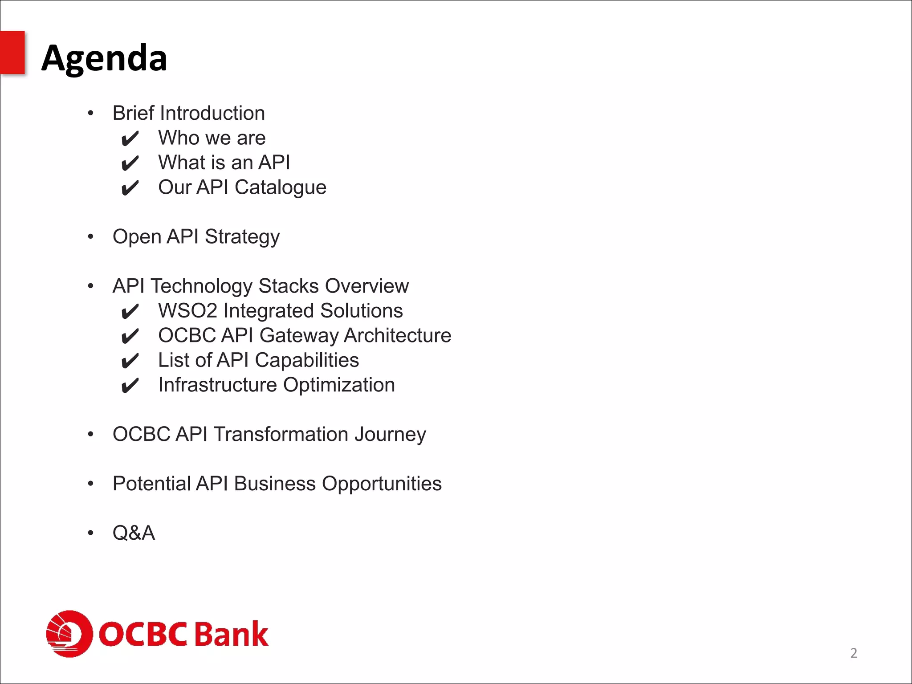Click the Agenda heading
tap(104, 58)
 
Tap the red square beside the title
tap(12, 52)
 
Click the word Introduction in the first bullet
tap(212, 113)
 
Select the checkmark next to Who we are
tap(130, 139)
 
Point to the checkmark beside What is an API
tap(130, 163)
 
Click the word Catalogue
tap(280, 187)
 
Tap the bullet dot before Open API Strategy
tap(90, 236)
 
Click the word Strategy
tap(242, 237)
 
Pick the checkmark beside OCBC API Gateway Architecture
tap(130, 336)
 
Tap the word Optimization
tap(338, 385)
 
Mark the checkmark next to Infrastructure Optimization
tap(130, 386)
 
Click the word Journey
tap(390, 435)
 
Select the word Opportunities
tap(381, 484)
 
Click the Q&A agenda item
tap(134, 533)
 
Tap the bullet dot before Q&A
tap(90, 533)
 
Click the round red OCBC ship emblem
tap(69, 633)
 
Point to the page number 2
tap(853, 653)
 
